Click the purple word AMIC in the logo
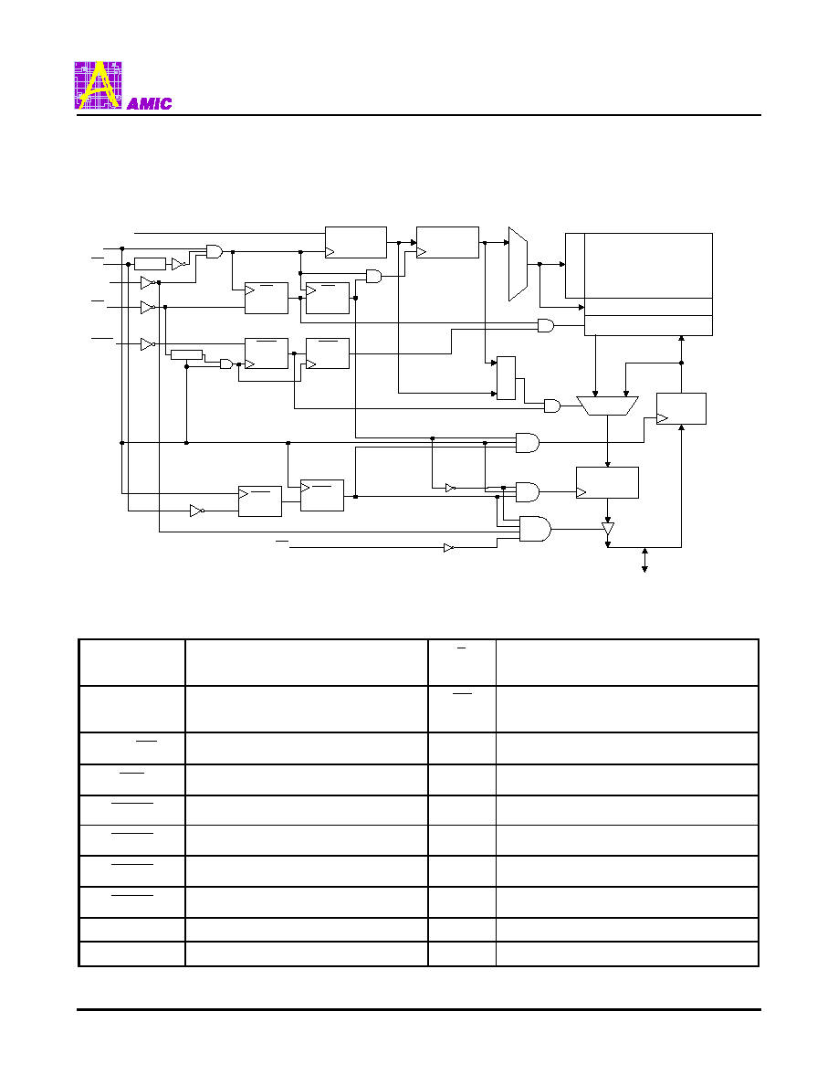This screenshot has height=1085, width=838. coord(150,104)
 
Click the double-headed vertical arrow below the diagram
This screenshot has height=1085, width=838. coord(644,560)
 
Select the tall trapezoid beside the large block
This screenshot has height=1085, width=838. coord(518,264)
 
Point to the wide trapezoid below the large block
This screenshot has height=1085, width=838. coord(608,406)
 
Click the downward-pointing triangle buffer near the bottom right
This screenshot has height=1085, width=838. coord(608,529)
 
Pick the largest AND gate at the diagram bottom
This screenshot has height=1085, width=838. coord(535,529)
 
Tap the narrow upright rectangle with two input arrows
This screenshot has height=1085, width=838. coord(506,378)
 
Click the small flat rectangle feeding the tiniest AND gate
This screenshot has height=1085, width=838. coord(187,355)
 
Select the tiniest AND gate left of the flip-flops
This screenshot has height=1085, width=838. coord(226,363)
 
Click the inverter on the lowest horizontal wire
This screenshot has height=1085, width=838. coord(449,547)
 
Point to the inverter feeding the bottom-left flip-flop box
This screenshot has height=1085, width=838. coord(197,511)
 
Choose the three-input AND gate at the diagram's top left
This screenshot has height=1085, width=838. coord(215,251)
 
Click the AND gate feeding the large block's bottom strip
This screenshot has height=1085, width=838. coord(546,325)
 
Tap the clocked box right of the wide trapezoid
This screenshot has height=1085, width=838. coord(681,408)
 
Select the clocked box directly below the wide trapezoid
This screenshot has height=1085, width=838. coord(608,482)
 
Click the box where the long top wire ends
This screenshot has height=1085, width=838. coord(356,242)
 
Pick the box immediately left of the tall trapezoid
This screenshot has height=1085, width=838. coord(448,242)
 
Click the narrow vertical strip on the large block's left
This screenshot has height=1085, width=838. coord(575,266)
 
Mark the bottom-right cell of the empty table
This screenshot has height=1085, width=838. coord(627,953)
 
